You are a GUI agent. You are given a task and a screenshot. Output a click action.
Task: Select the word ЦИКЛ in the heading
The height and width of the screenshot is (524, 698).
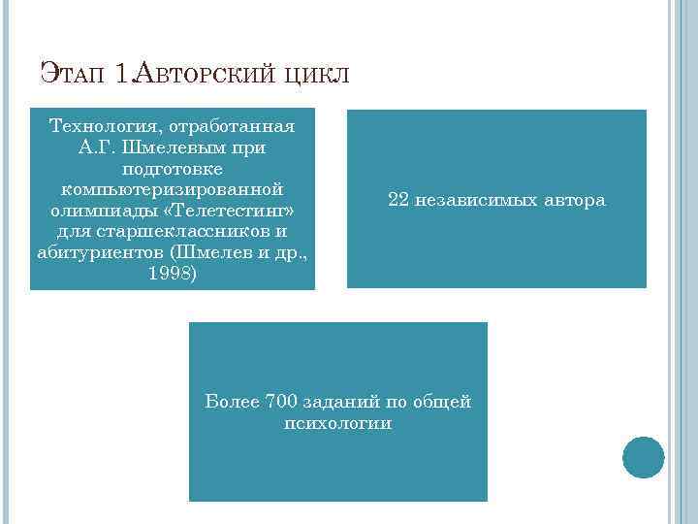click(317, 75)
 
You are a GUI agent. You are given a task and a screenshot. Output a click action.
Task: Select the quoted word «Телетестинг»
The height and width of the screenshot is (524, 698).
click(237, 211)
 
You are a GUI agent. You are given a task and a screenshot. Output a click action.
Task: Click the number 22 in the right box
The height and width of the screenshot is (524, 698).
click(398, 201)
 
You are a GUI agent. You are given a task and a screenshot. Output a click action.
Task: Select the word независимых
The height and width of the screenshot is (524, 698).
click(477, 201)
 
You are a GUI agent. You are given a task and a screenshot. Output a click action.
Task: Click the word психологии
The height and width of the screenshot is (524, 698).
click(338, 423)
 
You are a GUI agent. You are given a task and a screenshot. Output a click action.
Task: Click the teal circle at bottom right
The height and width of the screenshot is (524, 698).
click(643, 457)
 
